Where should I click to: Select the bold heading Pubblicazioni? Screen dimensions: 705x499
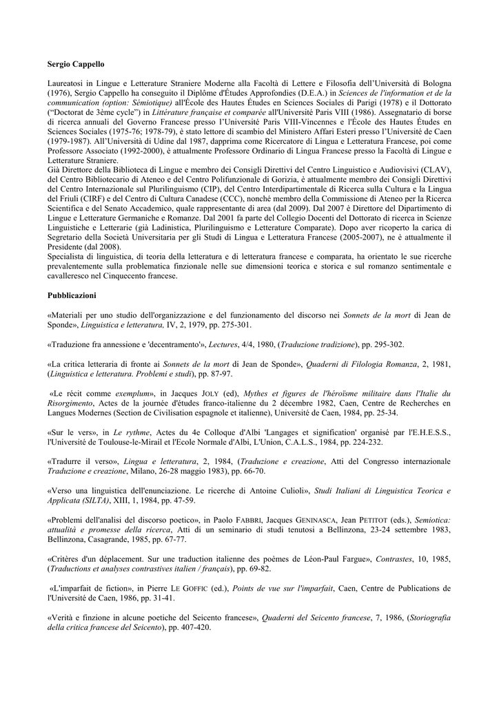click(x=72, y=295)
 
